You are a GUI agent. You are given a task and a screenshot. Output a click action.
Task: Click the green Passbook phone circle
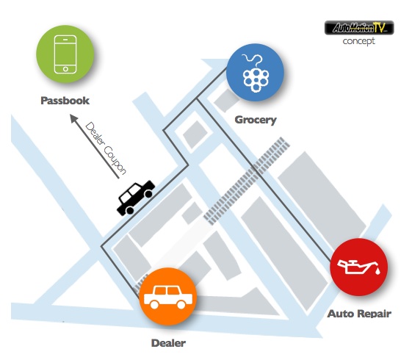click(65, 54)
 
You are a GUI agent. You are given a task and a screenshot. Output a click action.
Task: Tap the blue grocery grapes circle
click(255, 72)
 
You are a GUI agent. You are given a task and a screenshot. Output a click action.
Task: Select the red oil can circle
click(358, 267)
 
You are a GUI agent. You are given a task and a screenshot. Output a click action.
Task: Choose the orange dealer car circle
click(168, 296)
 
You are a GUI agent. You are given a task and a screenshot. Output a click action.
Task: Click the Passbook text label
click(65, 101)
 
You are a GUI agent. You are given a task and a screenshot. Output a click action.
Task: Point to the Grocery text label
click(256, 120)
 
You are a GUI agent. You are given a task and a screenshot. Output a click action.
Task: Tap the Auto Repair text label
click(359, 314)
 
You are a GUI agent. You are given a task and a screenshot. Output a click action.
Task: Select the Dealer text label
click(168, 343)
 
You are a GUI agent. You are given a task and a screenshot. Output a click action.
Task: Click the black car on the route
click(136, 198)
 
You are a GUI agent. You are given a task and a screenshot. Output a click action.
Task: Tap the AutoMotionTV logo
click(359, 28)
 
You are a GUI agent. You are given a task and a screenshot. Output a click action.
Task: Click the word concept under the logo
click(358, 41)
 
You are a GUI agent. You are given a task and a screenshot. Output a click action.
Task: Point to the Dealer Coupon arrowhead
click(74, 118)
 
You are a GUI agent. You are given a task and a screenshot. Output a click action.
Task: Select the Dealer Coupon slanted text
click(106, 148)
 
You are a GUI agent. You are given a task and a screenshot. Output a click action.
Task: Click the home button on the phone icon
click(65, 69)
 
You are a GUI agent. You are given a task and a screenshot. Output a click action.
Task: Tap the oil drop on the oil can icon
click(377, 271)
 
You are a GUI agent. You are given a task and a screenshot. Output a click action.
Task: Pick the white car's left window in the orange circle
click(160, 291)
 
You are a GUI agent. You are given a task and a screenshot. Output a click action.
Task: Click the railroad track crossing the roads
click(247, 181)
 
